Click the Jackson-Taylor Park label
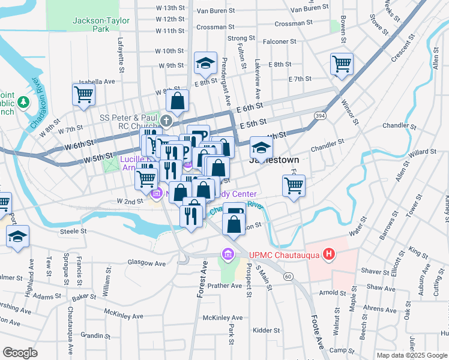click(92, 24)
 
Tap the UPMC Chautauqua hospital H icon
click(328, 254)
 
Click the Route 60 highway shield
click(289, 276)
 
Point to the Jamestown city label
click(274, 160)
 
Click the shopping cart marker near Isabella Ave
click(83, 94)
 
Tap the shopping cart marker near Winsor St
click(342, 63)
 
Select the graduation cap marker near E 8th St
click(205, 62)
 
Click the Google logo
click(20, 353)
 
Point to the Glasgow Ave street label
click(146, 263)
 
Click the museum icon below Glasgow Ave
click(227, 254)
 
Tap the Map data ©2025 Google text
click(411, 355)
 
